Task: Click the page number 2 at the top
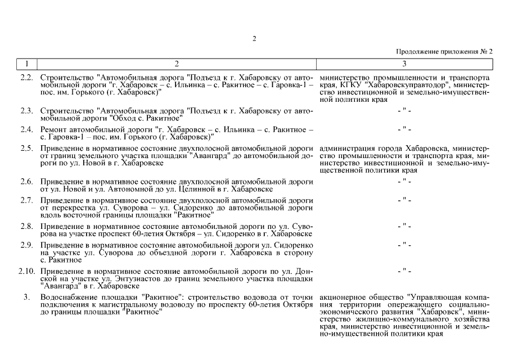tap(254, 39)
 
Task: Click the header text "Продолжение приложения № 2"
tap(444, 52)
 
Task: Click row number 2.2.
tap(26, 76)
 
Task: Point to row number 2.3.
tap(26, 110)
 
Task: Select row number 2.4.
tap(26, 130)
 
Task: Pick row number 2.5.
tap(26, 148)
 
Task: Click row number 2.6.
tap(26, 182)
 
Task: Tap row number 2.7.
tap(26, 200)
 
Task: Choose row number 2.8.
tap(26, 226)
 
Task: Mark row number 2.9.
tap(26, 245)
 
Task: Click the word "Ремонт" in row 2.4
tap(53, 130)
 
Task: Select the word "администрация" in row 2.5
tap(345, 148)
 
